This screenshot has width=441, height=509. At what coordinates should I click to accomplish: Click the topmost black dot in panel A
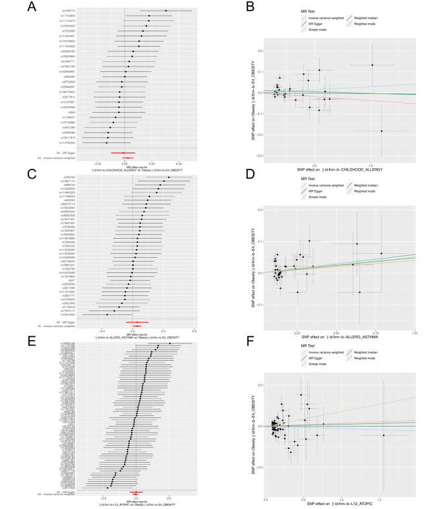pyautogui.click(x=166, y=11)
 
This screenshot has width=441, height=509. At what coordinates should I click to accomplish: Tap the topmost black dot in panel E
pyautogui.click(x=170, y=344)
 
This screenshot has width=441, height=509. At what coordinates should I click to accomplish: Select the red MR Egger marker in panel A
pyautogui.click(x=123, y=153)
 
